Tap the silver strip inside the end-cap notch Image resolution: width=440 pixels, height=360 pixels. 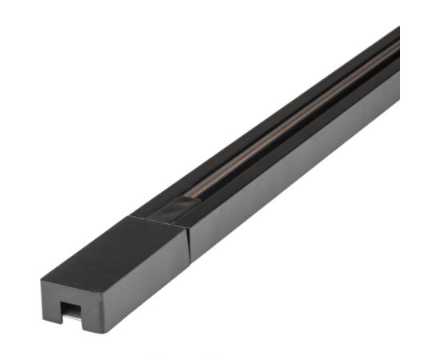click(x=71, y=317)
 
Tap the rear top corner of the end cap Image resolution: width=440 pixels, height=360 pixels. click(x=130, y=214)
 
